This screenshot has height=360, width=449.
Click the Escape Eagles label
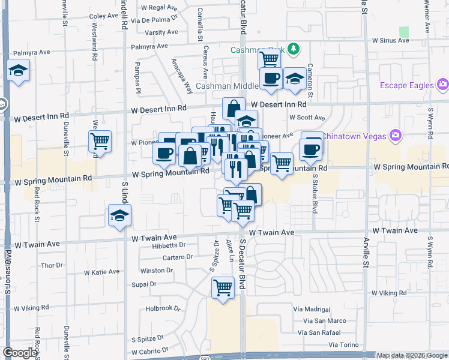coord(406,85)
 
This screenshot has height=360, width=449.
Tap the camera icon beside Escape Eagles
coord(443,85)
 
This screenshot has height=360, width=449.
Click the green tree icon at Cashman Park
coord(294,49)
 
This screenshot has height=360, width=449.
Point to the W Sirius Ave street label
coord(390,41)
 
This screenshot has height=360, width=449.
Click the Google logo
coord(20,353)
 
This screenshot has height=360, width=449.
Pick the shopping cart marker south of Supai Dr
coord(223,288)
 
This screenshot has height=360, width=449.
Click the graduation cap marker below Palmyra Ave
coord(19,71)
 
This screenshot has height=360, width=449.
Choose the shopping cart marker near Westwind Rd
coord(100,142)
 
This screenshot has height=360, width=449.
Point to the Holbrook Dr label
coord(163,309)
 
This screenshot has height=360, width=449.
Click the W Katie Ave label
coord(101,272)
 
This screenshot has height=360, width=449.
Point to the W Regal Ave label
coord(159,8)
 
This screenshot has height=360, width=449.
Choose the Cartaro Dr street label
coord(177,257)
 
